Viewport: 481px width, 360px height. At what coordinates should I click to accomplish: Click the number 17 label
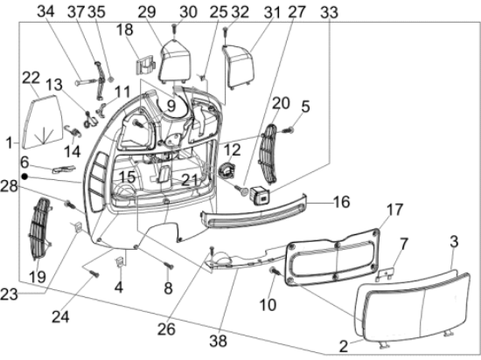click(394, 210)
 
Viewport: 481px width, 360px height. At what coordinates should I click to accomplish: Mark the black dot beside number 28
click(26, 177)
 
